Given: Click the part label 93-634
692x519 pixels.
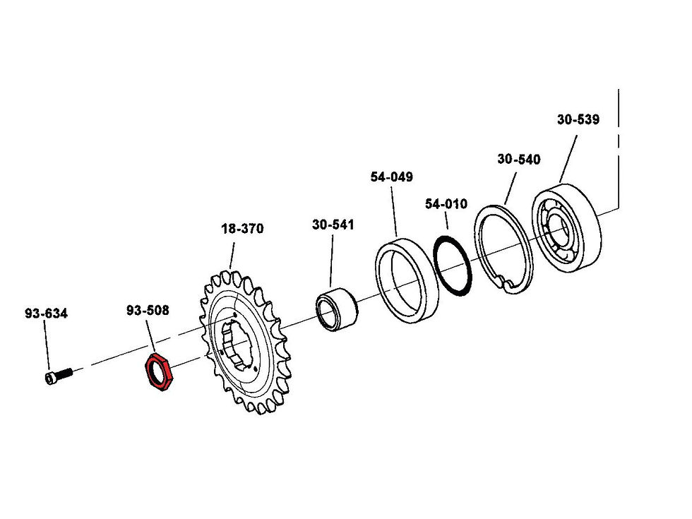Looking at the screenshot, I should (46, 314).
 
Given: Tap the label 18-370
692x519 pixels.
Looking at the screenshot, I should (241, 229).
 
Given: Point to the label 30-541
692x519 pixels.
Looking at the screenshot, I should (333, 225).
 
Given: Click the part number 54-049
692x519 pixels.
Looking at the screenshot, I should (391, 177).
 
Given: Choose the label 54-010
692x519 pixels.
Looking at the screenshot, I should (446, 204).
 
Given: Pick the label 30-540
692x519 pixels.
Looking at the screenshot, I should (518, 160).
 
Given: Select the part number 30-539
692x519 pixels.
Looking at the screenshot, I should (578, 119).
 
